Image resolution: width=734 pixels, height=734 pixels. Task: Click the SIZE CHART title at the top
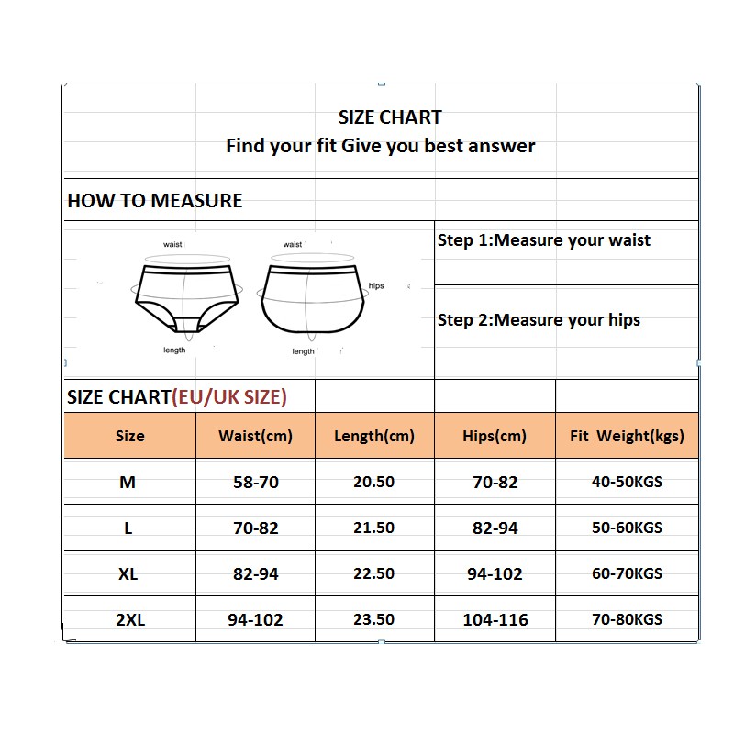[x=390, y=117]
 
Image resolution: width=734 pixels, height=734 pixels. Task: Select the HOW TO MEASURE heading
[x=155, y=201]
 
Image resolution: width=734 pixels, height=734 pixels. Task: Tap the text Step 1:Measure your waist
[x=544, y=240]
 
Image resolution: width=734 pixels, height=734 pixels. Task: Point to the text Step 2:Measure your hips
[x=539, y=320]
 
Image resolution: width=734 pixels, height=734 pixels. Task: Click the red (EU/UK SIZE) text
[x=229, y=397]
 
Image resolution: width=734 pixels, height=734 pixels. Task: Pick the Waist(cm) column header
[x=255, y=437]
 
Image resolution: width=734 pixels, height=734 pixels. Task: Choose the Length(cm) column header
[x=373, y=437]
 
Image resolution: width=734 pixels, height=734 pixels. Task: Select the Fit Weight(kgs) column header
[x=627, y=437]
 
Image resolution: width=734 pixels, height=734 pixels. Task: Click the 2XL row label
[x=129, y=620]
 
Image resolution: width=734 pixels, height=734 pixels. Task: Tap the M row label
[x=128, y=483]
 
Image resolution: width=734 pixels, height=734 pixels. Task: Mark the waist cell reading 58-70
[x=255, y=483]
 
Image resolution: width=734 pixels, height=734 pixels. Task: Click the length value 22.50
[x=373, y=574]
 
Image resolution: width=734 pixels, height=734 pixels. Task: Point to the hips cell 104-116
[x=495, y=620]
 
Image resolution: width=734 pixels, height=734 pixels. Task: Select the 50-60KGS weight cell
[x=627, y=528]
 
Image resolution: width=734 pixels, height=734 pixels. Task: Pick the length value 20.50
[x=373, y=483]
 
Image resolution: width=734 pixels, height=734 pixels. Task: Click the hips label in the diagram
[x=376, y=286]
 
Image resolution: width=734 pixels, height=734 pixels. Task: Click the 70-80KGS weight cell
[x=627, y=620]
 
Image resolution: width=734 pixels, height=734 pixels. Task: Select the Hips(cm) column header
[x=495, y=437]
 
